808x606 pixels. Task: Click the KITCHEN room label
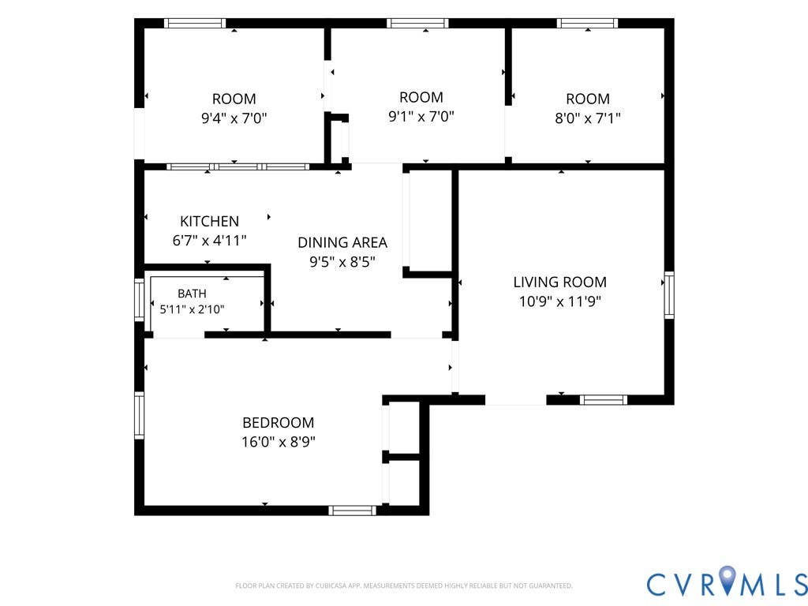click(x=209, y=221)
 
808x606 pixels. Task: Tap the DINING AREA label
click(x=342, y=242)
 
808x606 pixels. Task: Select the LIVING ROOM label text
click(x=559, y=282)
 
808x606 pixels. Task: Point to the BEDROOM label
click(x=279, y=423)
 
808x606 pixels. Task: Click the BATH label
click(x=192, y=294)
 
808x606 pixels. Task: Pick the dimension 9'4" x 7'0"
click(x=234, y=118)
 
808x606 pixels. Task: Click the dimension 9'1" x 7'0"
click(x=421, y=117)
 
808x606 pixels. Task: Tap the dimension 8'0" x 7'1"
click(x=587, y=118)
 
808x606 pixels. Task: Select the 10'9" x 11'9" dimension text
click(x=559, y=301)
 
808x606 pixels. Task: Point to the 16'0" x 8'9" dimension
click(x=279, y=442)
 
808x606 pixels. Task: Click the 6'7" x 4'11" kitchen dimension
click(x=209, y=240)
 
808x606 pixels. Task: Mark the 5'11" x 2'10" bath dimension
click(x=192, y=309)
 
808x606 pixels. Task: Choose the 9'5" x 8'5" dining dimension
click(x=342, y=262)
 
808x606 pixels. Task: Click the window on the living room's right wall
click(x=669, y=295)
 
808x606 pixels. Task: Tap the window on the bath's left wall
click(x=139, y=300)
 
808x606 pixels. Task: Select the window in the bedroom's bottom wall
click(x=353, y=511)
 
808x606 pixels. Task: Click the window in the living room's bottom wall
click(x=604, y=400)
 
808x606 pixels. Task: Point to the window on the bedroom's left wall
click(x=139, y=415)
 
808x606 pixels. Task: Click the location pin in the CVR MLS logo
click(x=727, y=578)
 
